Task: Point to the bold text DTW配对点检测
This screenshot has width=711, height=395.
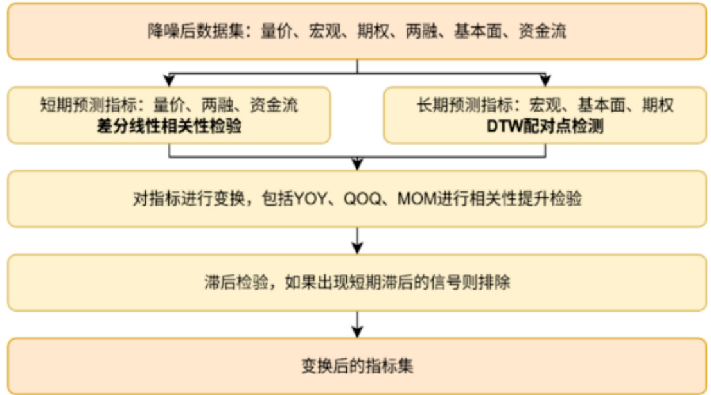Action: point(545,126)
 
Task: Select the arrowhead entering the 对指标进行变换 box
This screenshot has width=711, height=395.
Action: point(358,166)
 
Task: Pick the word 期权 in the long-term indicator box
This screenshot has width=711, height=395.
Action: point(658,105)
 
